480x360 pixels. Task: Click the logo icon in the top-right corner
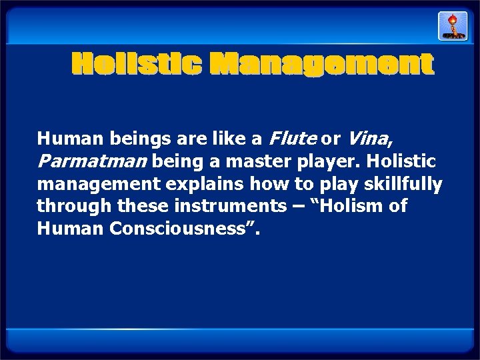(x=452, y=26)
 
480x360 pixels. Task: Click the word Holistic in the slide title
(x=137, y=65)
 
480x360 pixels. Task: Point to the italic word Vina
(x=369, y=139)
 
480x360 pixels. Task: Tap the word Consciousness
(x=179, y=229)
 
